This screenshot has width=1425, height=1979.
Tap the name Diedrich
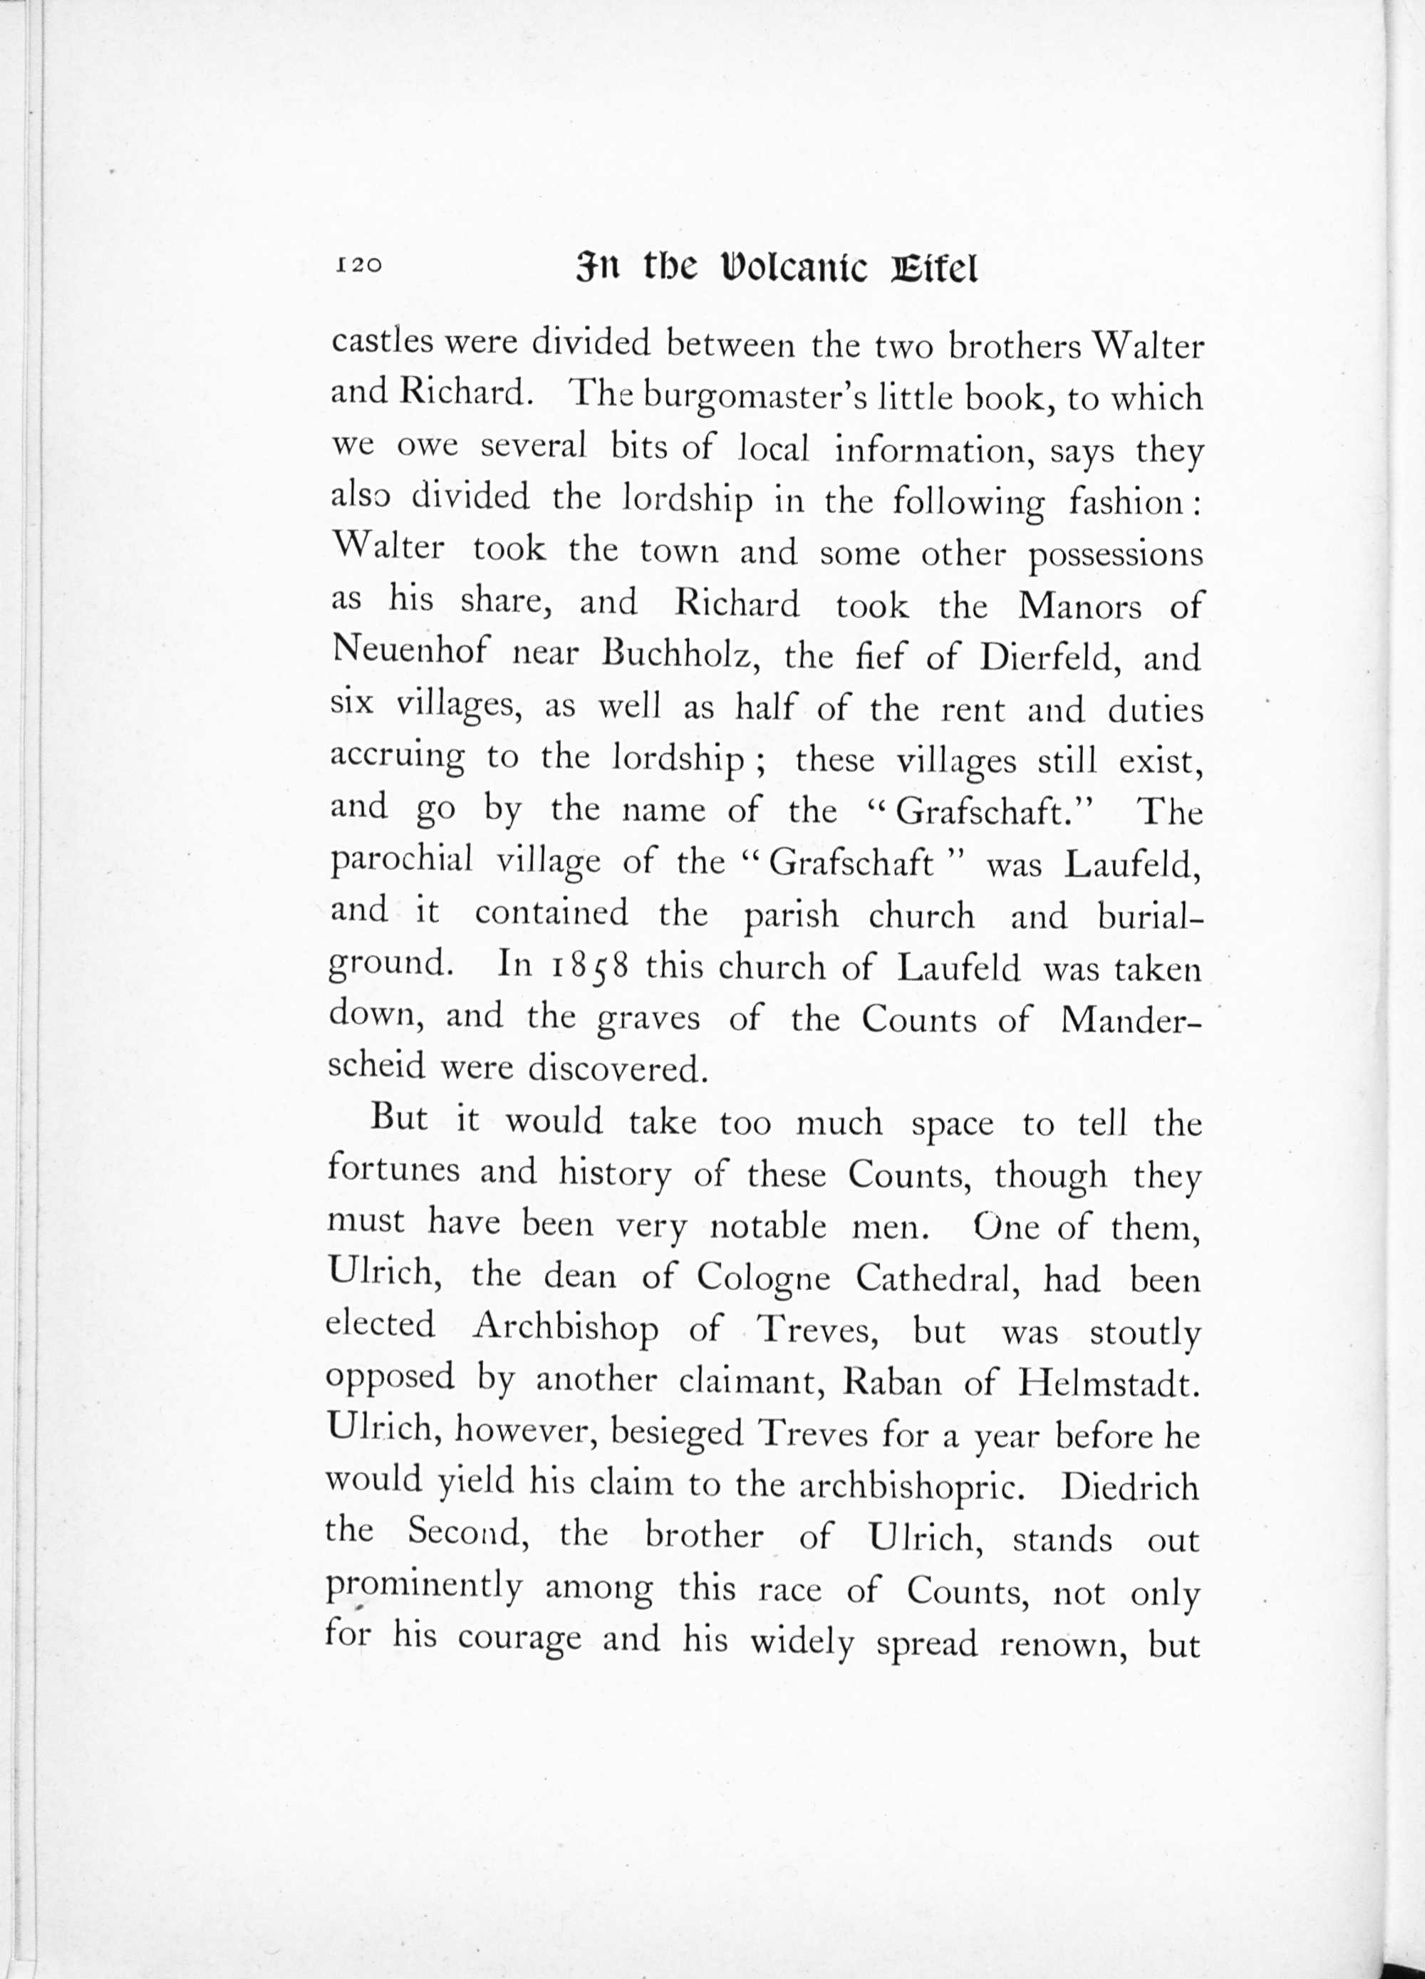(1129, 1486)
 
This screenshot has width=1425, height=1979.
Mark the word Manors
(1079, 606)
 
